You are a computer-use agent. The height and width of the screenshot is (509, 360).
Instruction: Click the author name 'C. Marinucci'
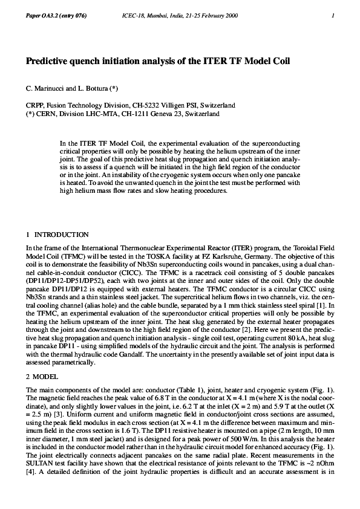(46, 88)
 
